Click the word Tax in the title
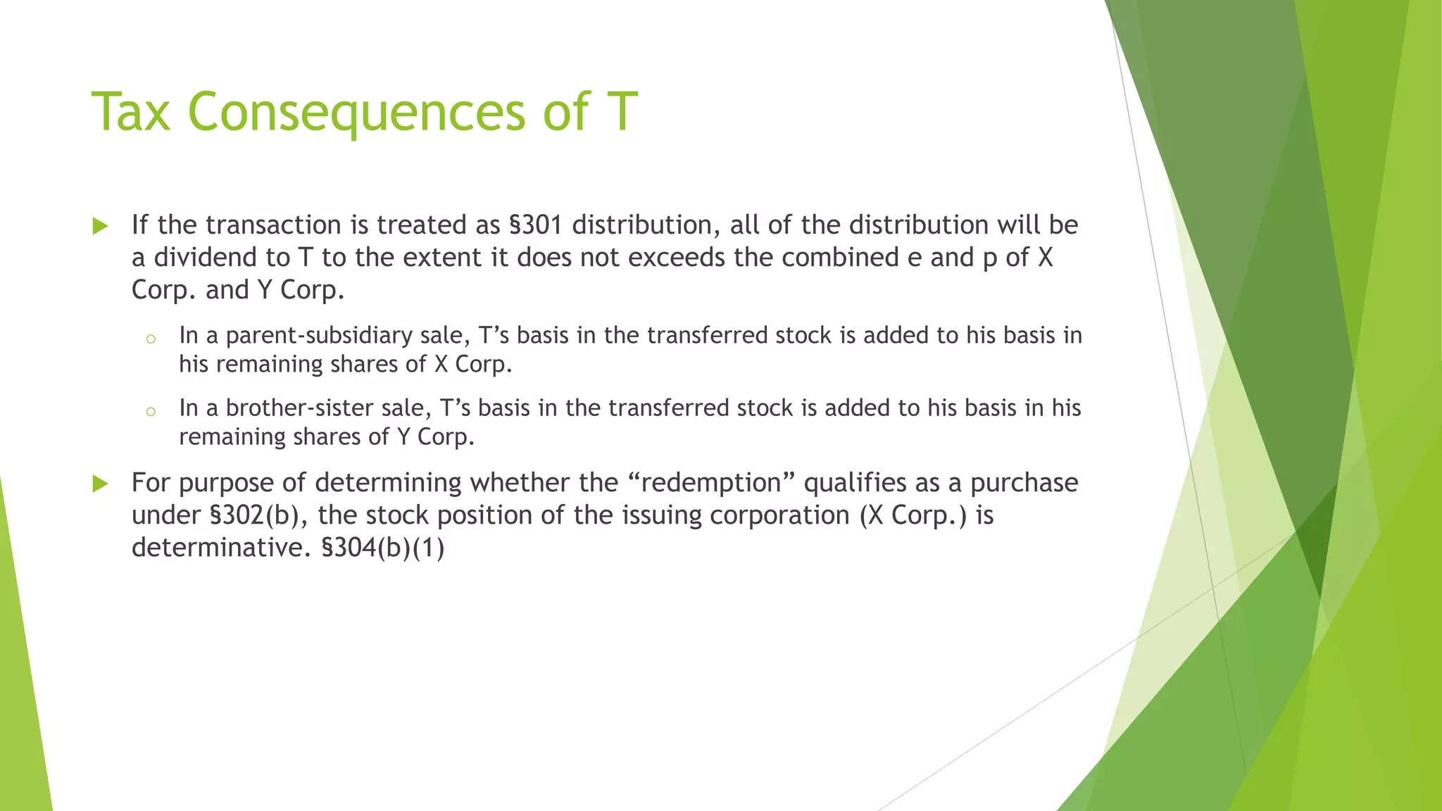click(x=131, y=111)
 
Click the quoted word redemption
click(x=712, y=483)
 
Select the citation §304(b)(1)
click(x=383, y=548)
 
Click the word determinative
click(x=220, y=548)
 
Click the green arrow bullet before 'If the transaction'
click(x=101, y=226)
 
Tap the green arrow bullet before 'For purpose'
click(x=101, y=484)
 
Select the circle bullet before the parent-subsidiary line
click(x=150, y=339)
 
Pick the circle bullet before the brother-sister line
click(x=150, y=412)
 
